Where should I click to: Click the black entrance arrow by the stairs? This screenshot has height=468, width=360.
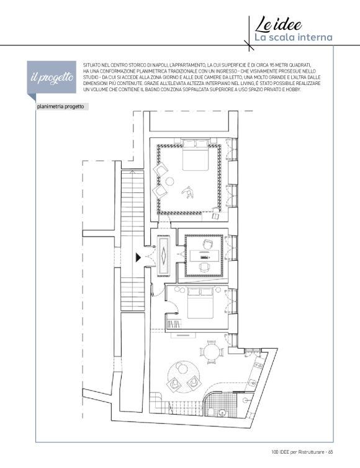138,258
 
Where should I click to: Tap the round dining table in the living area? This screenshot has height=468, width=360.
212,352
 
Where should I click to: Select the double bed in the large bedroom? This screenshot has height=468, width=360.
196,155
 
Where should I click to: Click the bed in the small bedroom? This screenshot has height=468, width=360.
200,303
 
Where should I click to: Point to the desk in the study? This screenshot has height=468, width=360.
204,256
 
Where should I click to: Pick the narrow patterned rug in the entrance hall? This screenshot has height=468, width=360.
163,255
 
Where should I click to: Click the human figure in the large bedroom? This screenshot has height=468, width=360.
188,192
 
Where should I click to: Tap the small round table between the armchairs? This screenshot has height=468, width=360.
169,181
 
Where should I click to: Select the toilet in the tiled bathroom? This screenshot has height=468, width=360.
210,412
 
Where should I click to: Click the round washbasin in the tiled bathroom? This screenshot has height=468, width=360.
222,413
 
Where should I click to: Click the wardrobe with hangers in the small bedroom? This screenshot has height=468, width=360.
173,325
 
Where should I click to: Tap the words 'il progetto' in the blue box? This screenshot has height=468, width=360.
52,78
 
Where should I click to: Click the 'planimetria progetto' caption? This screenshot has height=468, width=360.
61,107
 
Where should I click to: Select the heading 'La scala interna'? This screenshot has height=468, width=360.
293,38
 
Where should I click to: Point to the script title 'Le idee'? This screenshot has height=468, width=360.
278,25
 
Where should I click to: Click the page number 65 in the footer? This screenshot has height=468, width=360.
330,452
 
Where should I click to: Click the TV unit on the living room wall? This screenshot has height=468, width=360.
183,335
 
